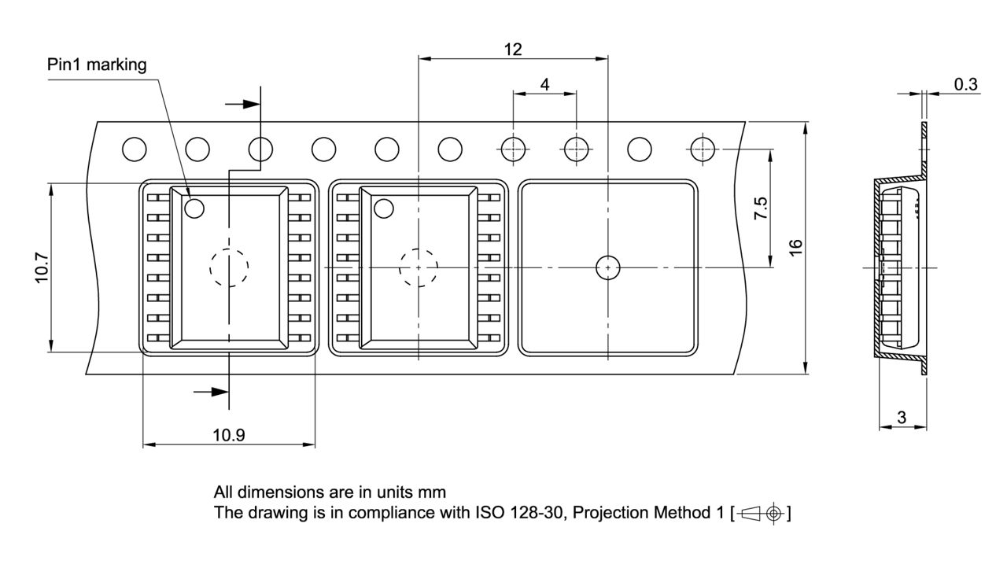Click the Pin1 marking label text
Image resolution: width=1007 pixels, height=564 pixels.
[97, 65]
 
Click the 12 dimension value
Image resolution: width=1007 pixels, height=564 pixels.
[512, 49]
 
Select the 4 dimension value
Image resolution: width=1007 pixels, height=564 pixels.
[544, 84]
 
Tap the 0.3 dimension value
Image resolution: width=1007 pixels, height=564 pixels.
[965, 84]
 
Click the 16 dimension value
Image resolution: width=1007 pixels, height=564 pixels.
[795, 245]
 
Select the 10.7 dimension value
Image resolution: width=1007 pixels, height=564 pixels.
[42, 267]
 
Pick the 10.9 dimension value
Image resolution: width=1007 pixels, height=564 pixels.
[228, 435]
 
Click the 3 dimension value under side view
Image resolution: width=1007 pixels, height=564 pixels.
[902, 418]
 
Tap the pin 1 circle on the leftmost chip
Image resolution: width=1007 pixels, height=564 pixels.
[194, 208]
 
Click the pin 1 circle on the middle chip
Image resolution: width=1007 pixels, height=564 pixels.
[384, 208]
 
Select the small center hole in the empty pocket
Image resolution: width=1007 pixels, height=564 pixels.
[607, 267]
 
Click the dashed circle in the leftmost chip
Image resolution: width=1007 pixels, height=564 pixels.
[229, 267]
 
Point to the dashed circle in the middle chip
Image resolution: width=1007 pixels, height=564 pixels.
[419, 267]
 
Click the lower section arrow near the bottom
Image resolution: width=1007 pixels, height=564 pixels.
[211, 391]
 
